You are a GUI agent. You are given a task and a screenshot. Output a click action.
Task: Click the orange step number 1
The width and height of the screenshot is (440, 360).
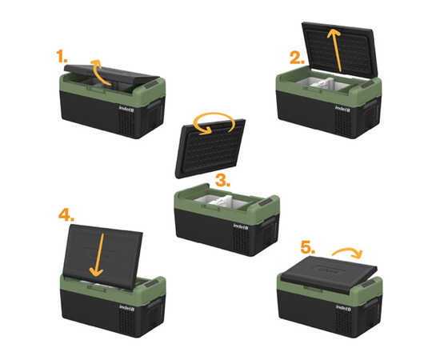click(x=62, y=56)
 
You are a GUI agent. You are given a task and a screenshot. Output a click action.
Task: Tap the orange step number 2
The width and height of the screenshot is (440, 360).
click(x=297, y=58)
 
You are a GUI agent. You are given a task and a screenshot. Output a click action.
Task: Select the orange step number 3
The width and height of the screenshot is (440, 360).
click(x=223, y=180)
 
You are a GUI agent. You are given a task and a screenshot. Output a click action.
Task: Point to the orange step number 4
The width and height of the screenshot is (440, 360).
click(x=66, y=215)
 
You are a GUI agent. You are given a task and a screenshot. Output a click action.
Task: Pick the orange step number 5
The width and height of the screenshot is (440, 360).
click(x=307, y=247)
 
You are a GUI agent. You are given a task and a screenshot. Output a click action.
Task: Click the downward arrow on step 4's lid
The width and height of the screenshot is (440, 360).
click(x=98, y=254)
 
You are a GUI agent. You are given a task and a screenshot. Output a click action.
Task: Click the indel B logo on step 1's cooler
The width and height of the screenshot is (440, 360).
click(x=126, y=108)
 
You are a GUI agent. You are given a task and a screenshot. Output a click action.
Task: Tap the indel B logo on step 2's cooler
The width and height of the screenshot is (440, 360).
click(x=342, y=108)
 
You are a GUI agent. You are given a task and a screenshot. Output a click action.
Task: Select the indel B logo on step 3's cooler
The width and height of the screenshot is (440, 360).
click(x=241, y=226)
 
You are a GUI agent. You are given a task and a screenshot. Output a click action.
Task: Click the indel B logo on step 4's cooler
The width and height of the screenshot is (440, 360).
click(x=126, y=307)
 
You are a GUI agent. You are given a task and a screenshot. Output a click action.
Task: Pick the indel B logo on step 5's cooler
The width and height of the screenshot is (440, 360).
click(x=343, y=307)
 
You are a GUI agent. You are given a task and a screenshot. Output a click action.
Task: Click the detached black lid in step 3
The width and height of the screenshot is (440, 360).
click(x=210, y=149)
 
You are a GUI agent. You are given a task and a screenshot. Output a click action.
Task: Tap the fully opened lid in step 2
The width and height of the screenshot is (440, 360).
click(x=340, y=49)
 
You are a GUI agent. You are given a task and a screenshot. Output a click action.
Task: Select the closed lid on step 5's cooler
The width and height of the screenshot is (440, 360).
click(x=329, y=274)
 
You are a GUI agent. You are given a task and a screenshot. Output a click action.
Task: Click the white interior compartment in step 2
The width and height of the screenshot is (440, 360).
click(x=322, y=84)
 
